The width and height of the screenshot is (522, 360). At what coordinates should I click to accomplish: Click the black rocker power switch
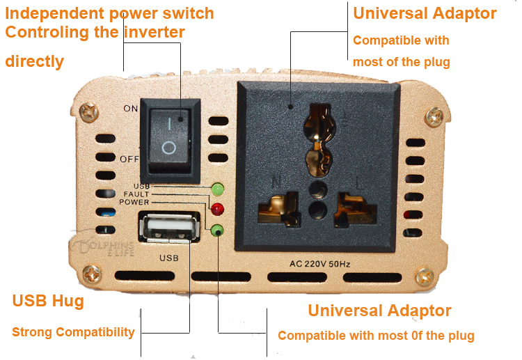(x=170, y=140)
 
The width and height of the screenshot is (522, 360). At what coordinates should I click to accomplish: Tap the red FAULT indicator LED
(x=217, y=209)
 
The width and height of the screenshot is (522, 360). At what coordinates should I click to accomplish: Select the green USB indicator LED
(x=217, y=189)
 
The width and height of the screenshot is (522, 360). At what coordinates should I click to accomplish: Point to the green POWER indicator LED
(x=217, y=230)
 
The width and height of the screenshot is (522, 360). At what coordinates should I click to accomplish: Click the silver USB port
(x=169, y=228)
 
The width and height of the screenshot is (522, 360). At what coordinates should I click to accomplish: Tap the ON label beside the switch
(x=131, y=109)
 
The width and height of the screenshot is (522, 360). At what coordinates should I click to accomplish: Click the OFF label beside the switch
(x=129, y=159)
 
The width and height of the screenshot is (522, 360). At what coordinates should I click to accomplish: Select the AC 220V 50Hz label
(x=319, y=264)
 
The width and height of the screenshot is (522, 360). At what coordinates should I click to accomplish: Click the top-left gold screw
(x=88, y=112)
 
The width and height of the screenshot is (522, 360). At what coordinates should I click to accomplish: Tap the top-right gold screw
(x=434, y=116)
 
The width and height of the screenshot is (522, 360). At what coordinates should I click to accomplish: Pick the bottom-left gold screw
(x=92, y=274)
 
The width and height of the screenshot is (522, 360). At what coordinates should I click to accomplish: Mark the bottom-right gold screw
(x=425, y=276)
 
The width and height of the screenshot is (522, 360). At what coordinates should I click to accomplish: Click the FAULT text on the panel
(x=136, y=194)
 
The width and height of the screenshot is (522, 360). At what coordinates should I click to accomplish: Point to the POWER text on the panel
(x=134, y=202)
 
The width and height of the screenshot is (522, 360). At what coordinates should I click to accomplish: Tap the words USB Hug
(x=48, y=301)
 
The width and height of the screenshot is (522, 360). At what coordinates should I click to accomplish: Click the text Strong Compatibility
(x=73, y=332)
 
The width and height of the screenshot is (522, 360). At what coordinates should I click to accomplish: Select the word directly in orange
(x=34, y=61)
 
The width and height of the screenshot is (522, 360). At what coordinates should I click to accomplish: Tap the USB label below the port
(x=169, y=258)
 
